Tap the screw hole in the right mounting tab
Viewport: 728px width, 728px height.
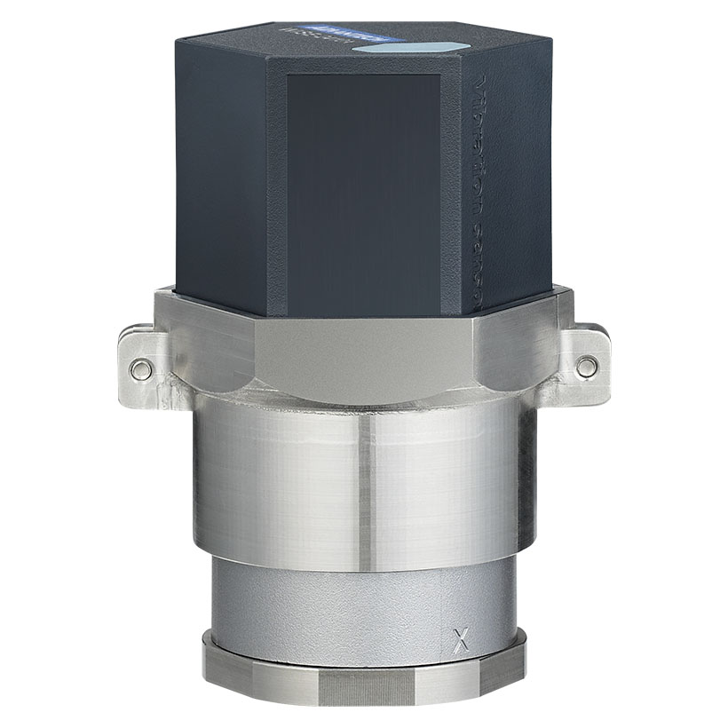point(586,364)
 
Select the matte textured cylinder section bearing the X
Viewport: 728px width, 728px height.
point(355,599)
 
